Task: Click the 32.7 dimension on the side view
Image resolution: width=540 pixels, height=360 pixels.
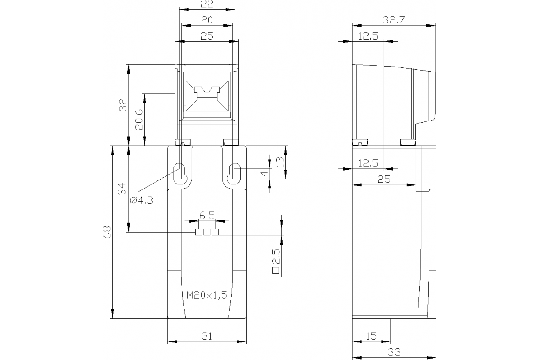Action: [x=393, y=20]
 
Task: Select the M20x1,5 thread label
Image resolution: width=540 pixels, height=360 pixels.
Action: [x=207, y=295]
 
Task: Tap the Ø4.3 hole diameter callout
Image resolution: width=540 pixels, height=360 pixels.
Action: [x=141, y=201]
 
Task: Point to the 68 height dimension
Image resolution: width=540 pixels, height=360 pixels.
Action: [x=107, y=232]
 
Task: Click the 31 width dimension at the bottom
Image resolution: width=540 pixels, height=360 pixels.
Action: [x=207, y=335]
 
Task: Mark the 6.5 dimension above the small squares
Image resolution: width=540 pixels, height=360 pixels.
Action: [x=207, y=216]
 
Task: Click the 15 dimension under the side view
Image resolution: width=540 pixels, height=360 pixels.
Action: [x=371, y=336]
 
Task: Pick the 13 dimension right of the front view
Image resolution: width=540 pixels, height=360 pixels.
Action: [x=280, y=162]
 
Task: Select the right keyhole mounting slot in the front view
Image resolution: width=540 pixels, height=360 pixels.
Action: [x=235, y=173]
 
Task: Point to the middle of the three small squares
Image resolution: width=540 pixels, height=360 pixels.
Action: [x=207, y=232]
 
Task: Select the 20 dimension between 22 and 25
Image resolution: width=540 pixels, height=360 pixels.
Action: [x=207, y=20]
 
